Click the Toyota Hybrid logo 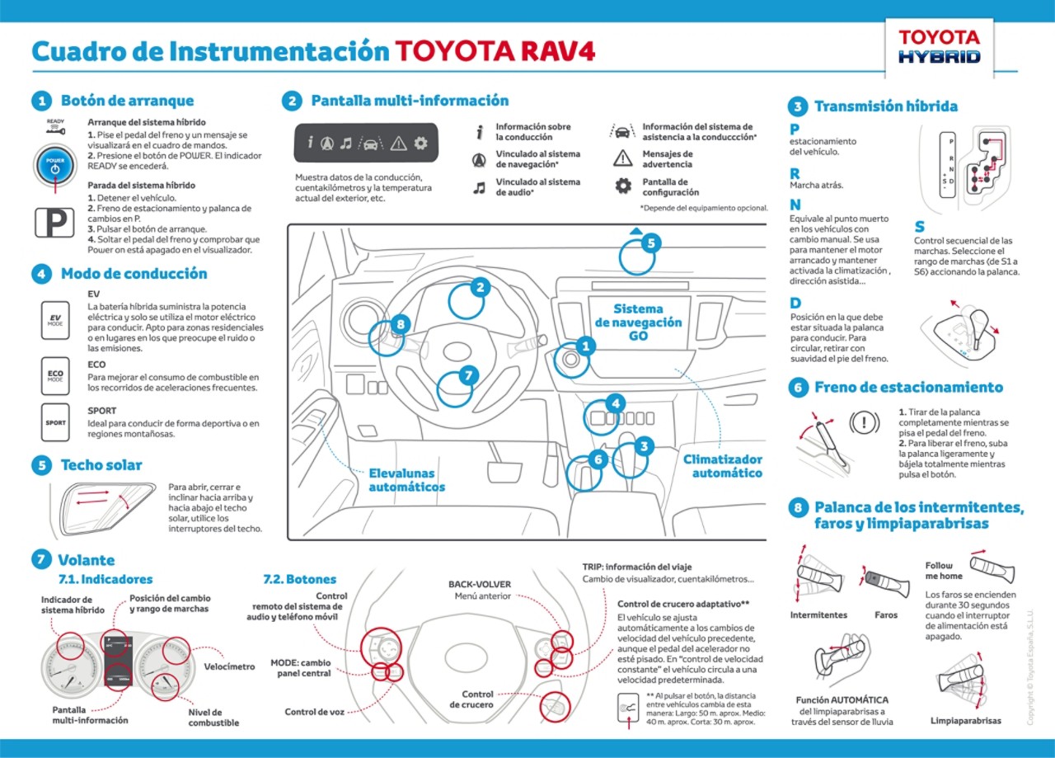point(939,46)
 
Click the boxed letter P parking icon point(54,223)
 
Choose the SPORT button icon point(55,422)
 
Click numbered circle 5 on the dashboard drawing point(650,243)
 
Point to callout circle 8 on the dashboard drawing point(401,324)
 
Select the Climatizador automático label point(722,466)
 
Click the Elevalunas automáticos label point(406,480)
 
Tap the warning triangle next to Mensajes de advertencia point(623,159)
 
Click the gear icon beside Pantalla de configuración point(623,186)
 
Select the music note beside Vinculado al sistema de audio point(479,187)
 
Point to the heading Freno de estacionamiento point(908,388)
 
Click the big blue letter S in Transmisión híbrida point(920,227)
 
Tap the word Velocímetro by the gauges point(229,666)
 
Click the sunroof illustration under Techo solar point(103,507)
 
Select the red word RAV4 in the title point(557,51)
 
